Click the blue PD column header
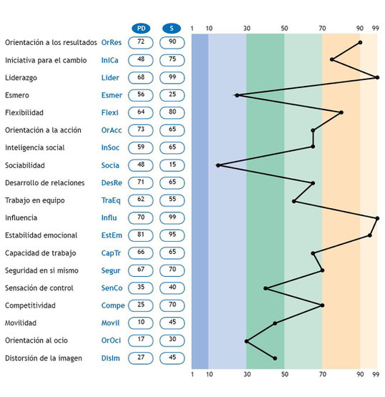coord(141,28)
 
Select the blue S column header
coord(172,28)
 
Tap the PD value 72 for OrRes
coord(141,42)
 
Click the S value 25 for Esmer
coord(172,95)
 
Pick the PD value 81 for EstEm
coord(141,235)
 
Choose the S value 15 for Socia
coord(172,165)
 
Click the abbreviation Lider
coord(110,78)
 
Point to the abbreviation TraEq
coord(111,200)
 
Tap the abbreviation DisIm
coord(110,358)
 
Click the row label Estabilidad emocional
coord(41,235)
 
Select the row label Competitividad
coord(30,305)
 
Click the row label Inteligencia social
coord(34,147)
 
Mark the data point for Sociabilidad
coord(218,165)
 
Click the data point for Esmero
coord(237,95)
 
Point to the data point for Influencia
coord(377,218)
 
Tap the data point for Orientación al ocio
coord(246,341)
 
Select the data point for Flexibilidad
coord(341,112)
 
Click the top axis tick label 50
coord(284,29)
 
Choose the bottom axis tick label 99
coord(376,374)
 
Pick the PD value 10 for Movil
coord(141,323)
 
